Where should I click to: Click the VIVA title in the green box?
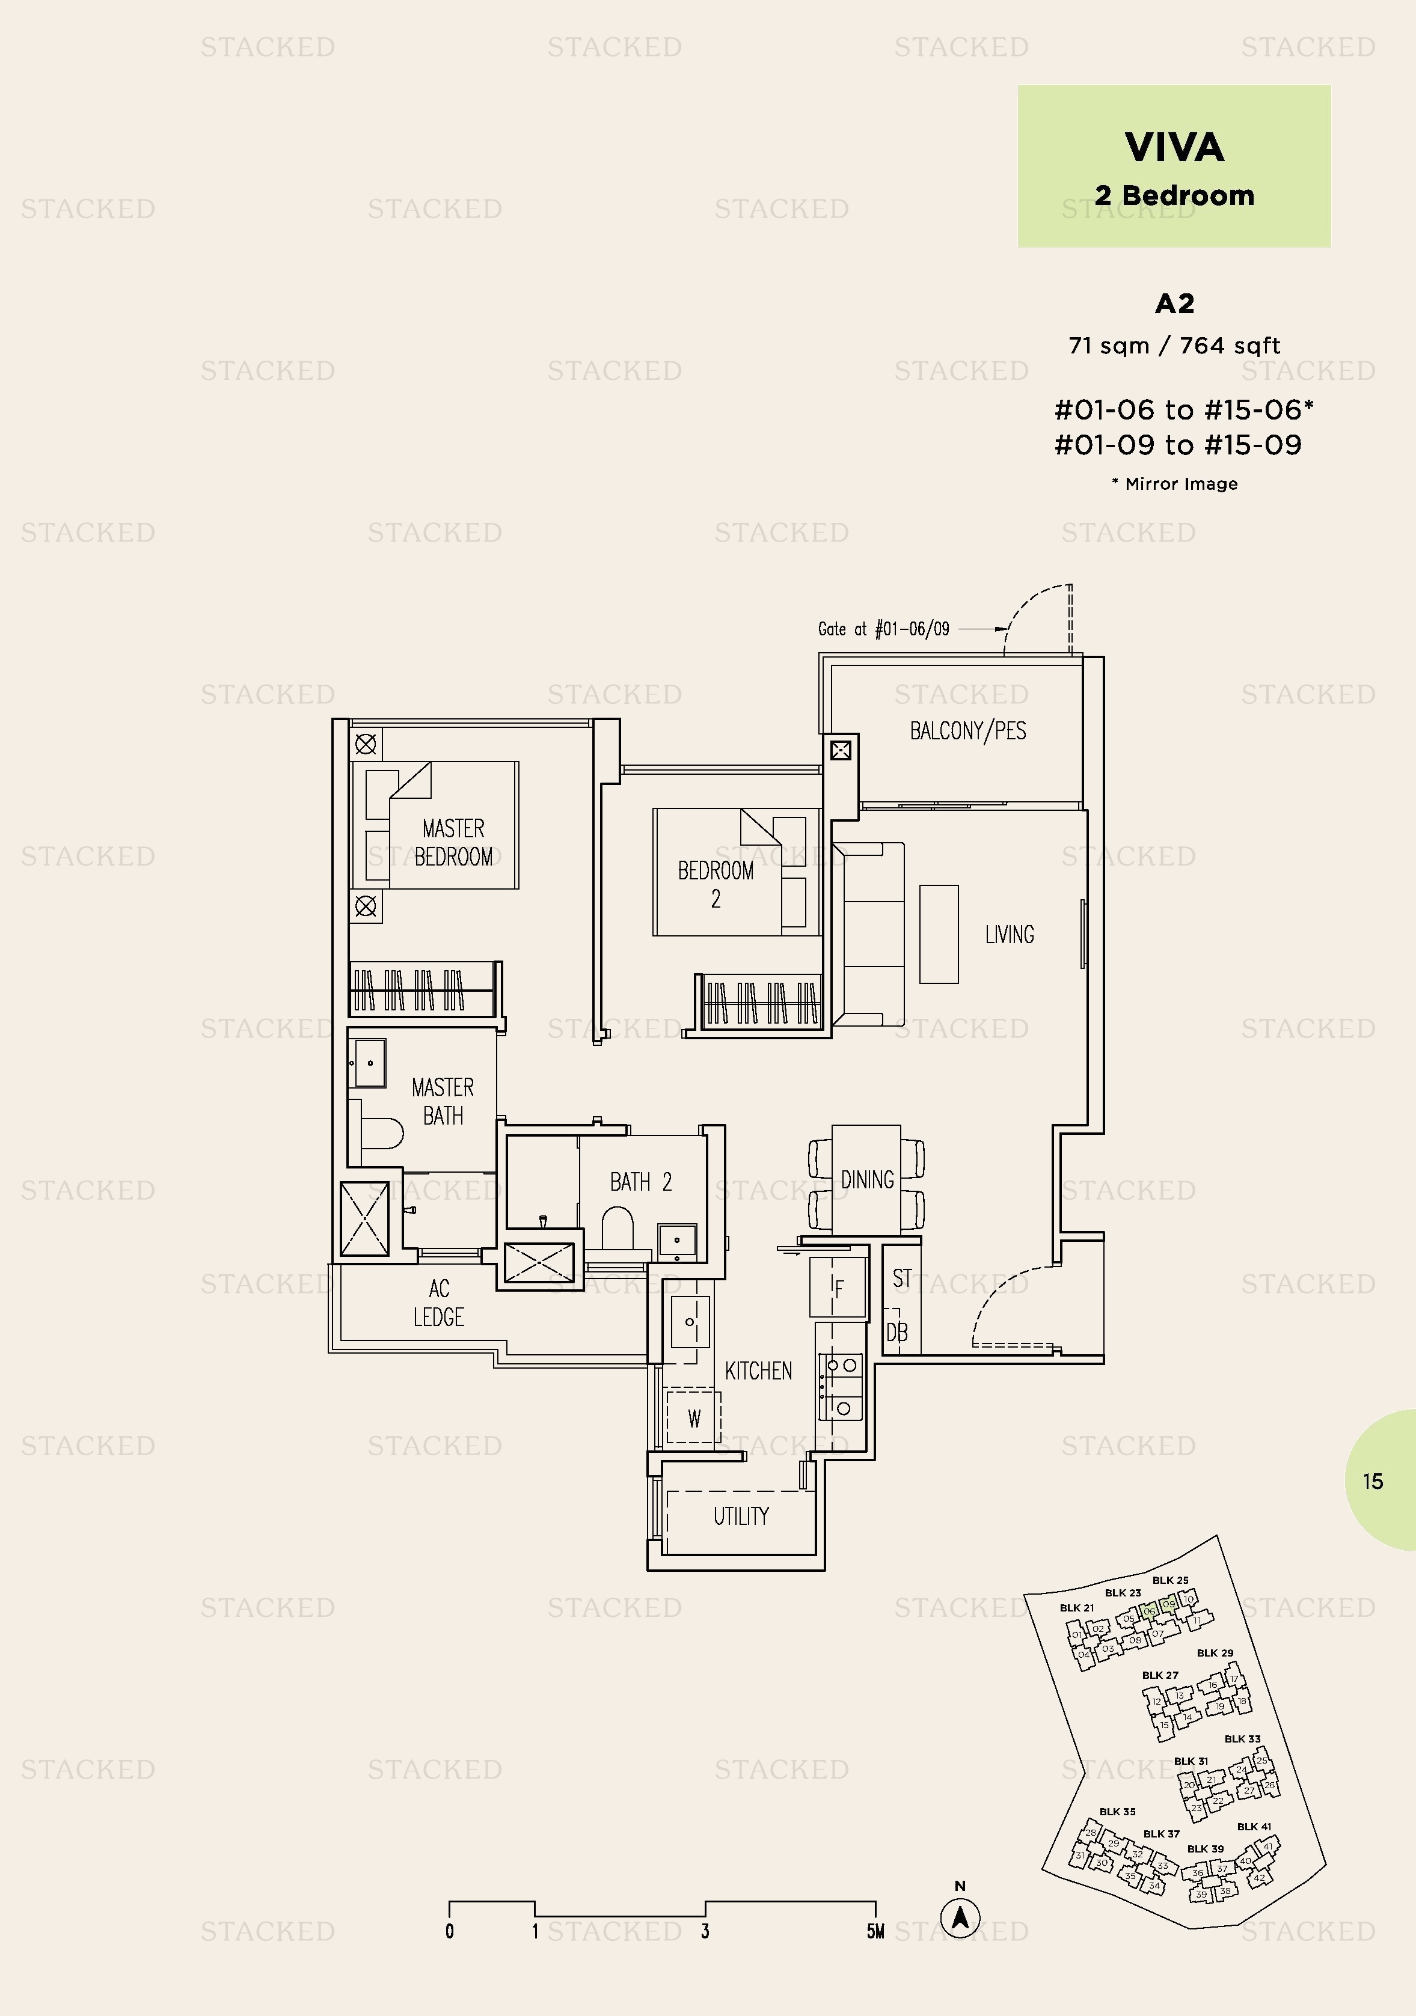tap(1174, 147)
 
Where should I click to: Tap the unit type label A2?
tap(1174, 304)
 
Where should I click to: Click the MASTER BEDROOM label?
tap(453, 842)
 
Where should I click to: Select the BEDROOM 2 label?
tap(716, 884)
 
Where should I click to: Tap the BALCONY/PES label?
tap(968, 730)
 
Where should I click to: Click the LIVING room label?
tap(1010, 934)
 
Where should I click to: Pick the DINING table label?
tap(867, 1179)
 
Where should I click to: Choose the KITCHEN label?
tap(758, 1370)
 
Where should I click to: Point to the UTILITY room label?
tap(741, 1515)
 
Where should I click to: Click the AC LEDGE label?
tap(438, 1302)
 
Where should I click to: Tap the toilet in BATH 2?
tap(618, 1227)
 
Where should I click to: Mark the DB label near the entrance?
tap(897, 1333)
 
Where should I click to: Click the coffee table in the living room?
tap(939, 934)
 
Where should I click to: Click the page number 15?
tap(1373, 1481)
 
